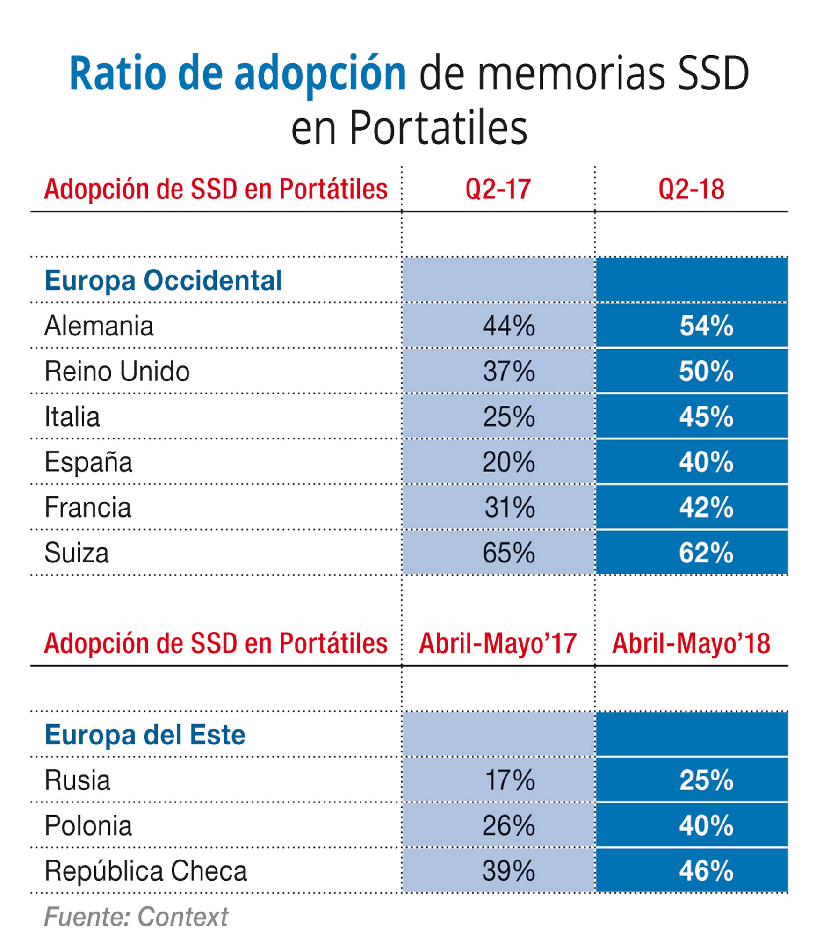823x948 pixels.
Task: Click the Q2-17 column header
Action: click(x=498, y=189)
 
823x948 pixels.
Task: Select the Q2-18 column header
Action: click(x=691, y=189)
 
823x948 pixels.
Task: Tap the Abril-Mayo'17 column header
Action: click(x=498, y=643)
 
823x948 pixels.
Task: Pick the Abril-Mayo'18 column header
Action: click(x=691, y=643)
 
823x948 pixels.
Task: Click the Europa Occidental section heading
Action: click(x=163, y=280)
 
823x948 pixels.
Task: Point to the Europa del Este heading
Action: click(x=145, y=735)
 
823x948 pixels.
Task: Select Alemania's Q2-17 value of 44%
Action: click(x=508, y=326)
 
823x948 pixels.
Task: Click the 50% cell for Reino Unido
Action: click(x=706, y=371)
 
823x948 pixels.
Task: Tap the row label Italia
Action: click(x=72, y=416)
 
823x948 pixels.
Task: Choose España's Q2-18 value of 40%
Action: click(x=706, y=462)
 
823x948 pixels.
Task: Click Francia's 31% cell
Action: click(x=509, y=507)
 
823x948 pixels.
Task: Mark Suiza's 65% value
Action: click(x=508, y=553)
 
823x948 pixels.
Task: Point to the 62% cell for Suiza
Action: click(x=706, y=553)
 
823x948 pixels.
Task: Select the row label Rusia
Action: click(x=77, y=780)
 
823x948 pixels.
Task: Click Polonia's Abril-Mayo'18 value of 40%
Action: click(x=706, y=825)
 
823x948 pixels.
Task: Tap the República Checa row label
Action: click(x=145, y=871)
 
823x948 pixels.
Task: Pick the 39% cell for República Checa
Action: click(x=508, y=871)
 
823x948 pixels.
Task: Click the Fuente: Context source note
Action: click(x=136, y=916)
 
